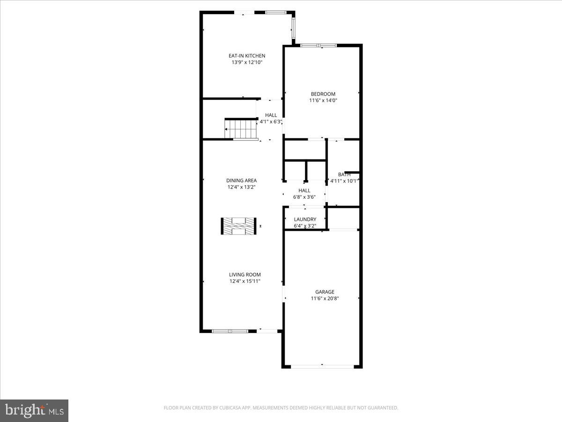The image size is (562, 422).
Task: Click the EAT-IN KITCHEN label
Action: point(243,56)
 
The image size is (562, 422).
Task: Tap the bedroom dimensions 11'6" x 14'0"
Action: point(323,100)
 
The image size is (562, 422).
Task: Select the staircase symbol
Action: point(241,129)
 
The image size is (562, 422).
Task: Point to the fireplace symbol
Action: point(239,226)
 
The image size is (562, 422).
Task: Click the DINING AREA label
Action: point(241,181)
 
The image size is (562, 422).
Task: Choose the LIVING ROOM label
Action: point(244,275)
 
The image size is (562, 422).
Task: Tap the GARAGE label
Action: point(325,292)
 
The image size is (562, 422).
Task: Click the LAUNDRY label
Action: point(305,219)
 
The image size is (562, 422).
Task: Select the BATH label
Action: point(344,174)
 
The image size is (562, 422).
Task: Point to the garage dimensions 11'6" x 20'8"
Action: point(325,299)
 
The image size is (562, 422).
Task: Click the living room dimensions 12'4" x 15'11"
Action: point(244,281)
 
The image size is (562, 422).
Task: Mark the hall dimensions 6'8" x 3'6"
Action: point(304,197)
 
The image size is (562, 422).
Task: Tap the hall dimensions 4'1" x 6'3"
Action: point(271,122)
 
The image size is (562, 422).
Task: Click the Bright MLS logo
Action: point(34,411)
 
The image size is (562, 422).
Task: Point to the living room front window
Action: point(229,331)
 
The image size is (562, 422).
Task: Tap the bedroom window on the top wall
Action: point(318,45)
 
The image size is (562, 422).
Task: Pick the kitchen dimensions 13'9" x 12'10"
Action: point(243,62)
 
